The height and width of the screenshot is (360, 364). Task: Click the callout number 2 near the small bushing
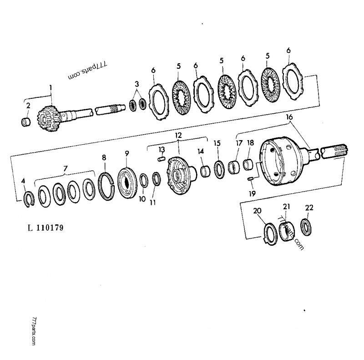click(28, 106)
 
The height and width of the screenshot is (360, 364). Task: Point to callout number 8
click(104, 157)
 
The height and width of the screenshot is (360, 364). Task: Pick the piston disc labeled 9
click(127, 183)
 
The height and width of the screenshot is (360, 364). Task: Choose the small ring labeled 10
click(144, 181)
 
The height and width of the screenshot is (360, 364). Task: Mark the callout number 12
click(178, 135)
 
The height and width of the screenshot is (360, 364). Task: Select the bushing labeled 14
click(205, 171)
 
